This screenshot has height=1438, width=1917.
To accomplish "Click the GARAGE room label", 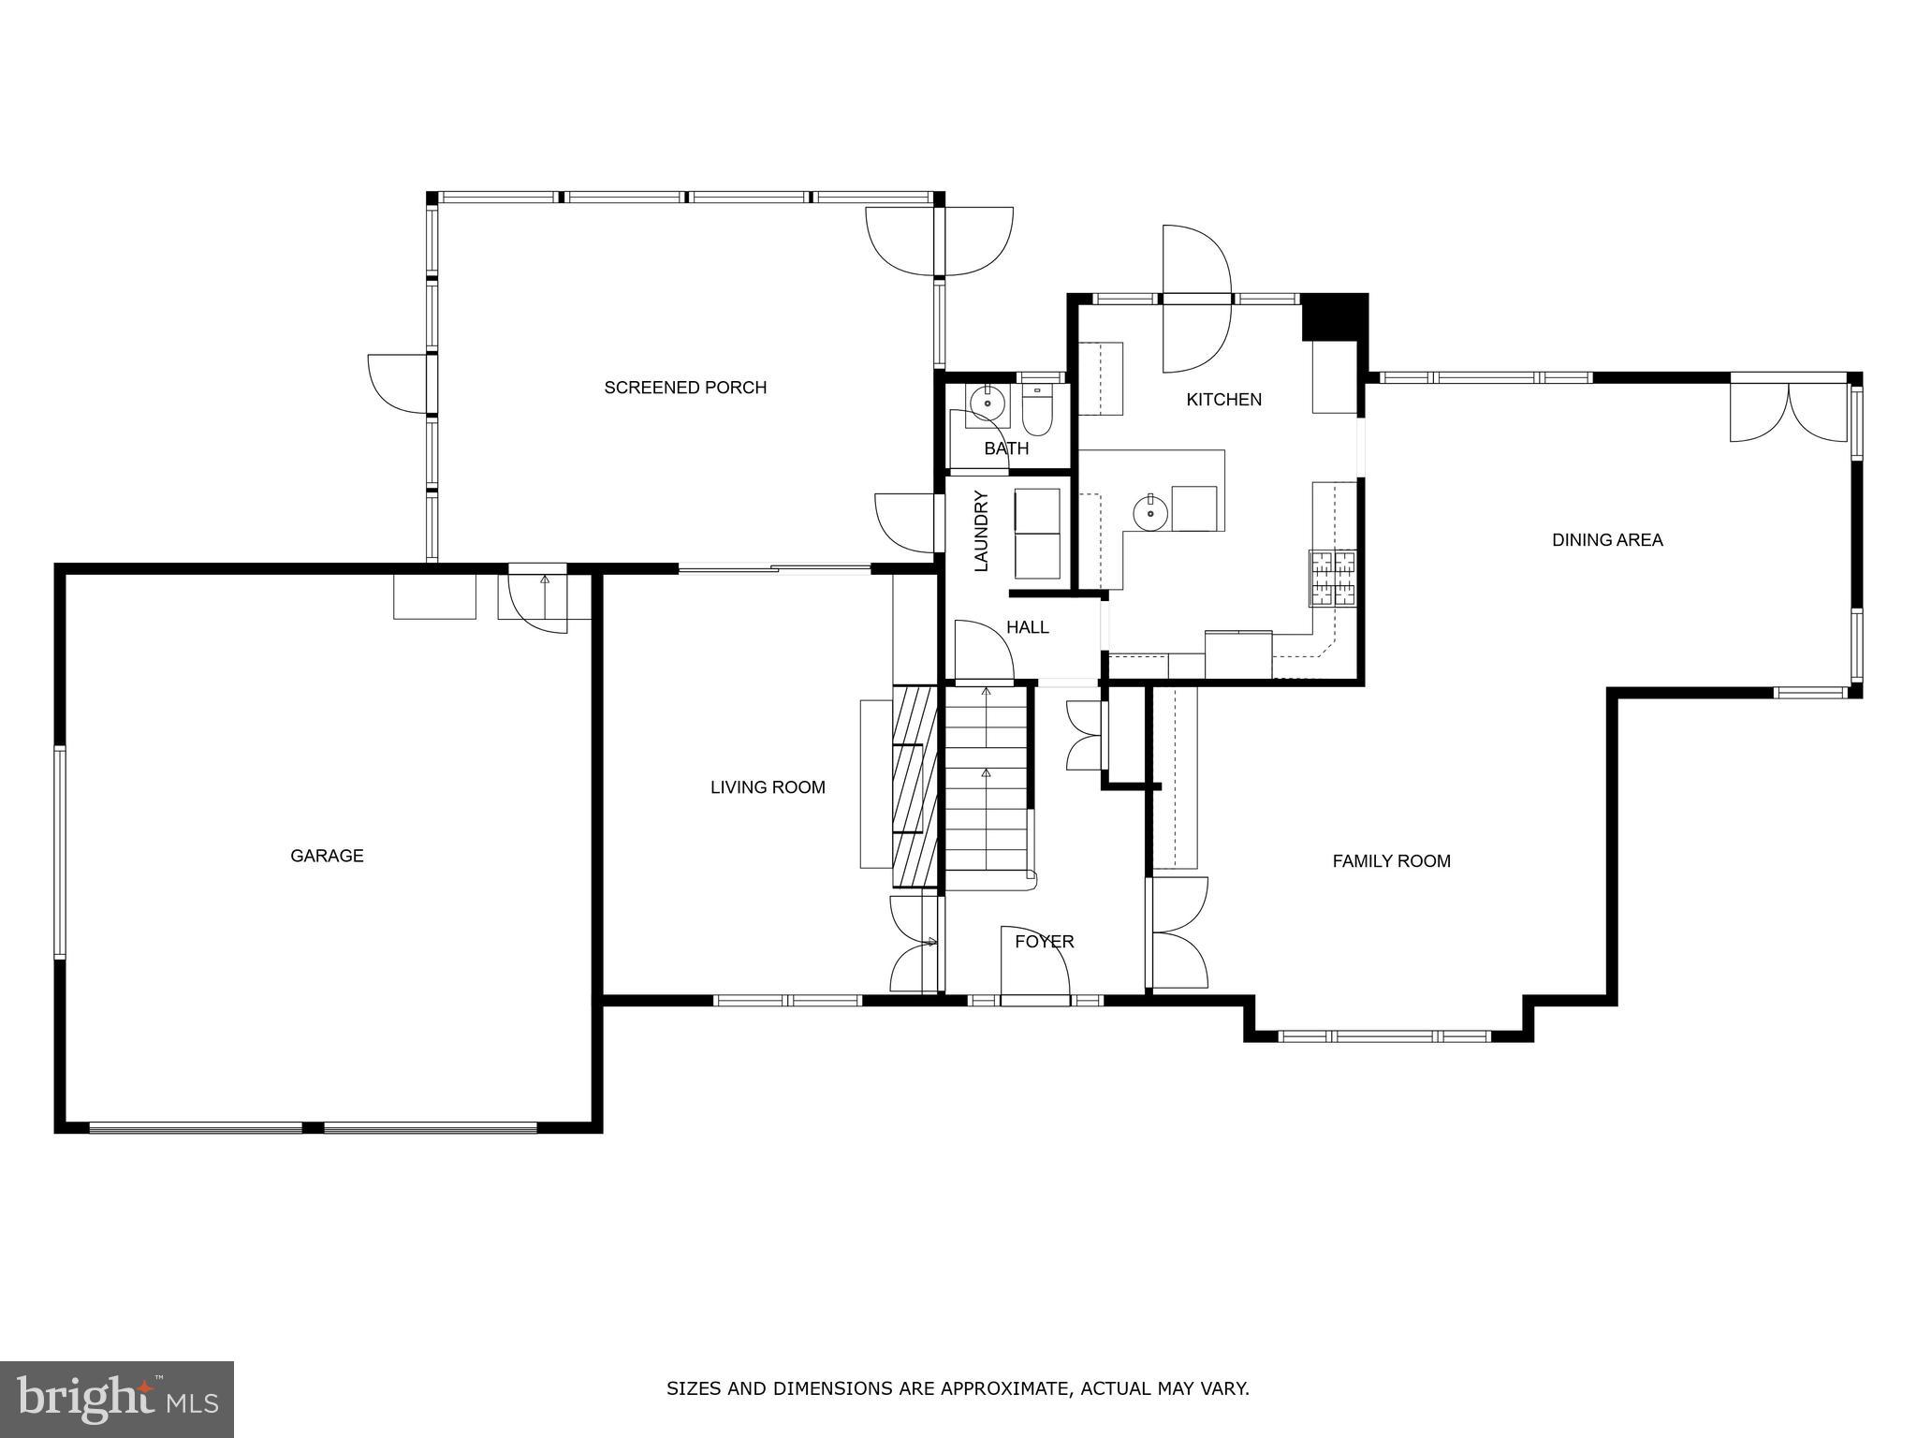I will click(327, 856).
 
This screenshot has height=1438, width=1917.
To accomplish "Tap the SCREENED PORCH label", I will click(685, 388).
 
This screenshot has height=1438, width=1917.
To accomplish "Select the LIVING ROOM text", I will click(768, 787).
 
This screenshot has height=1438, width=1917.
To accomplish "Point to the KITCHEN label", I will click(1223, 400).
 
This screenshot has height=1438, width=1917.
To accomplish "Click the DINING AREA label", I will click(1607, 540).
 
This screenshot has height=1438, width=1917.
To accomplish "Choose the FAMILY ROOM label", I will click(1391, 861).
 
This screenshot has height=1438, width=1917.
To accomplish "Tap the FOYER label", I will click(1045, 942).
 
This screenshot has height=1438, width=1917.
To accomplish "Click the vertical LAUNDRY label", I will click(982, 531).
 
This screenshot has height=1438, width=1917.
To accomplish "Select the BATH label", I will click(1006, 448).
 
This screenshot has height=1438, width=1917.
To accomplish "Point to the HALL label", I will click(1027, 627).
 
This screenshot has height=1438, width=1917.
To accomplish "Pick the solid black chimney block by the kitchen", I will click(1334, 316).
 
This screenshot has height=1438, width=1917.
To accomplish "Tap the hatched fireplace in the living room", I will click(915, 786).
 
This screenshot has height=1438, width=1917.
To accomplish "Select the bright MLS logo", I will click(116, 1399).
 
